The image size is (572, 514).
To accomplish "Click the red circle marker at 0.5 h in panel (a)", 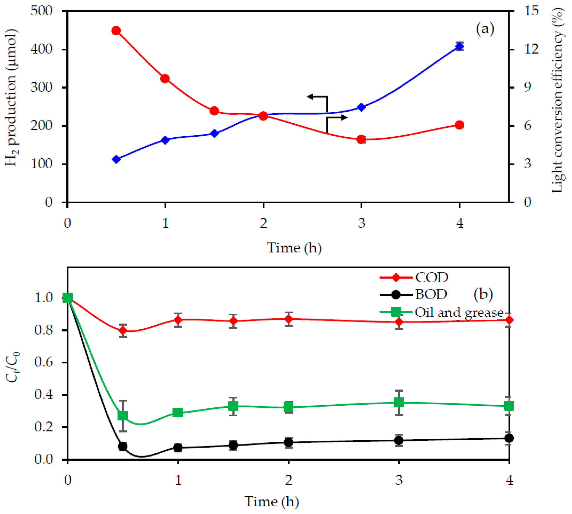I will pos(116,30).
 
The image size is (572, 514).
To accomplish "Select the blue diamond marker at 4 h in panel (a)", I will pos(459,46).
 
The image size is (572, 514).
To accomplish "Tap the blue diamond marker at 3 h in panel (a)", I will pos(361,107).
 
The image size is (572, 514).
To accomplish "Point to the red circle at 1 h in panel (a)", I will pos(165,78).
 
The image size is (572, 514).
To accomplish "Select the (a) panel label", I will pos(485,29).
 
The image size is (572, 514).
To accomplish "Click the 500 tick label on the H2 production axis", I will pos(42,11).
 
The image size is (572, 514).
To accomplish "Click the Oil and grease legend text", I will pos(459,312).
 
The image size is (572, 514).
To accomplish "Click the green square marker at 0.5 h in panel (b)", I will pos(123,416).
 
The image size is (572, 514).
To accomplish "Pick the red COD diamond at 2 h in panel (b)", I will pos(289,319).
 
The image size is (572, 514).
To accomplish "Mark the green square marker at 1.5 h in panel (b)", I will pos(233,406).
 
